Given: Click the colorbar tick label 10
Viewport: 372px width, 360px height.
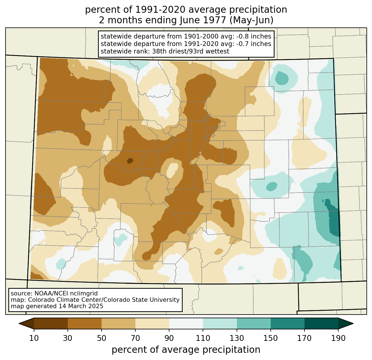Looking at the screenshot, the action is [x=34, y=338].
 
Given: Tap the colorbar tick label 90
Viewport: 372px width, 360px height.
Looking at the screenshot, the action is [x=169, y=338].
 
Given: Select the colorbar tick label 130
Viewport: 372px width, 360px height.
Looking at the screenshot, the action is [x=237, y=338].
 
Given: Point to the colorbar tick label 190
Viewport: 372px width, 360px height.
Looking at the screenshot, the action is [x=338, y=338].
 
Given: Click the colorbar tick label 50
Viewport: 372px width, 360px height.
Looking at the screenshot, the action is [x=102, y=338].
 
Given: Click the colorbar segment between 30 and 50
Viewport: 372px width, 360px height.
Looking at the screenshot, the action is [x=84, y=323].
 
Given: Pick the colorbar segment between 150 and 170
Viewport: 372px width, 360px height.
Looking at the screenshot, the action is [x=288, y=323].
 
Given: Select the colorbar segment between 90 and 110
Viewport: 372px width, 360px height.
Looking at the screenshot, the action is [x=186, y=323].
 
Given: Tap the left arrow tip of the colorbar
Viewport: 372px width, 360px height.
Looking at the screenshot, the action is [x=19, y=323].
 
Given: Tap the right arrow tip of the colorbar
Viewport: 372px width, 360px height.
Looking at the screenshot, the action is [x=353, y=323].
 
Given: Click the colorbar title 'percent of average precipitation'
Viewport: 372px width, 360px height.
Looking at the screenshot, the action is [x=186, y=350].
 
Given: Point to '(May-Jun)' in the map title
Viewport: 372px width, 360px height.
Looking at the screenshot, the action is [x=251, y=21].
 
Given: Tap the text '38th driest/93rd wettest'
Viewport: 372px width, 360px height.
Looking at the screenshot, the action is [x=191, y=51].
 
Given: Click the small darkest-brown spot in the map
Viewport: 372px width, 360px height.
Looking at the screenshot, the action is [x=130, y=160].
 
